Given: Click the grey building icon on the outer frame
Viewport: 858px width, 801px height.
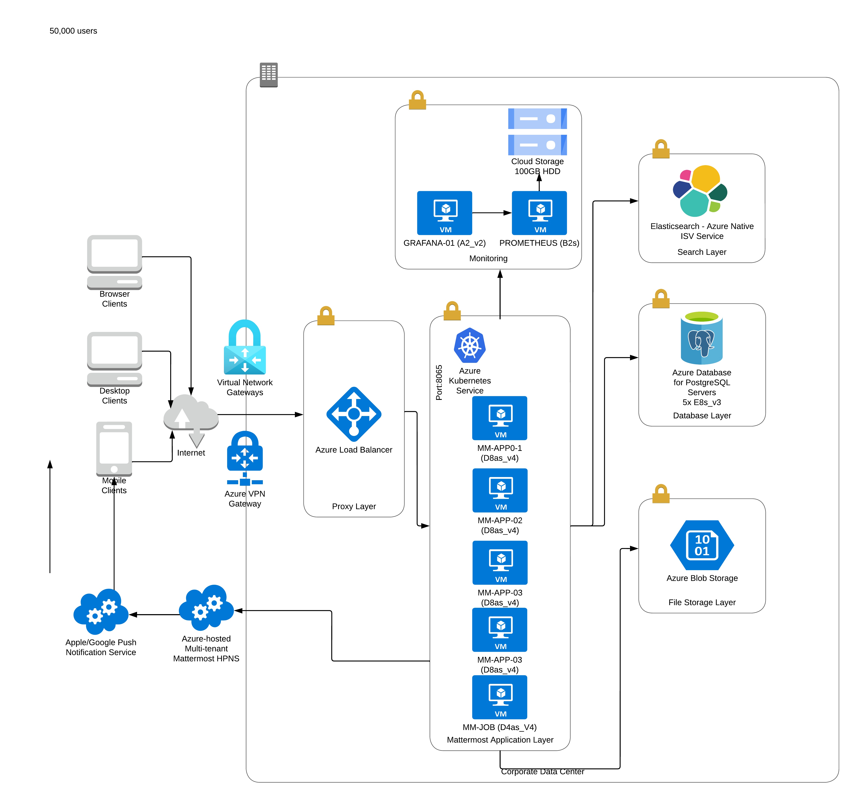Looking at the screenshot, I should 268,74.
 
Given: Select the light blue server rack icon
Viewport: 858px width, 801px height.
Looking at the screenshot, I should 537,132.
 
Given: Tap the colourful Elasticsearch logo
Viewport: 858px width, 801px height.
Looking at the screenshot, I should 700,191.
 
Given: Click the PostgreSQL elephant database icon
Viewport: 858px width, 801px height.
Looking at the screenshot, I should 701,337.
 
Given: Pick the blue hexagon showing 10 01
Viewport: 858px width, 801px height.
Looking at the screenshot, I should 702,545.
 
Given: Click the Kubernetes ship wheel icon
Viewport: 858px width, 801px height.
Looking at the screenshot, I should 470,345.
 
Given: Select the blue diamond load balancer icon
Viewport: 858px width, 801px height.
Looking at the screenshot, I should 354,414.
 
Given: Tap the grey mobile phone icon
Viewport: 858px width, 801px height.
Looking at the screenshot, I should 114,449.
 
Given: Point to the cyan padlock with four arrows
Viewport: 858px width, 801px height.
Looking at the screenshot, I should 245,348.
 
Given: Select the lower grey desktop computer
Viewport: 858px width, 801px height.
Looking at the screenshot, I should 114,359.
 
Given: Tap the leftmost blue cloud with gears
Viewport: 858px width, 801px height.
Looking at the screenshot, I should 101,611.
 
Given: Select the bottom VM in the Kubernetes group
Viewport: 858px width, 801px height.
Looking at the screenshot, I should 500,697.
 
